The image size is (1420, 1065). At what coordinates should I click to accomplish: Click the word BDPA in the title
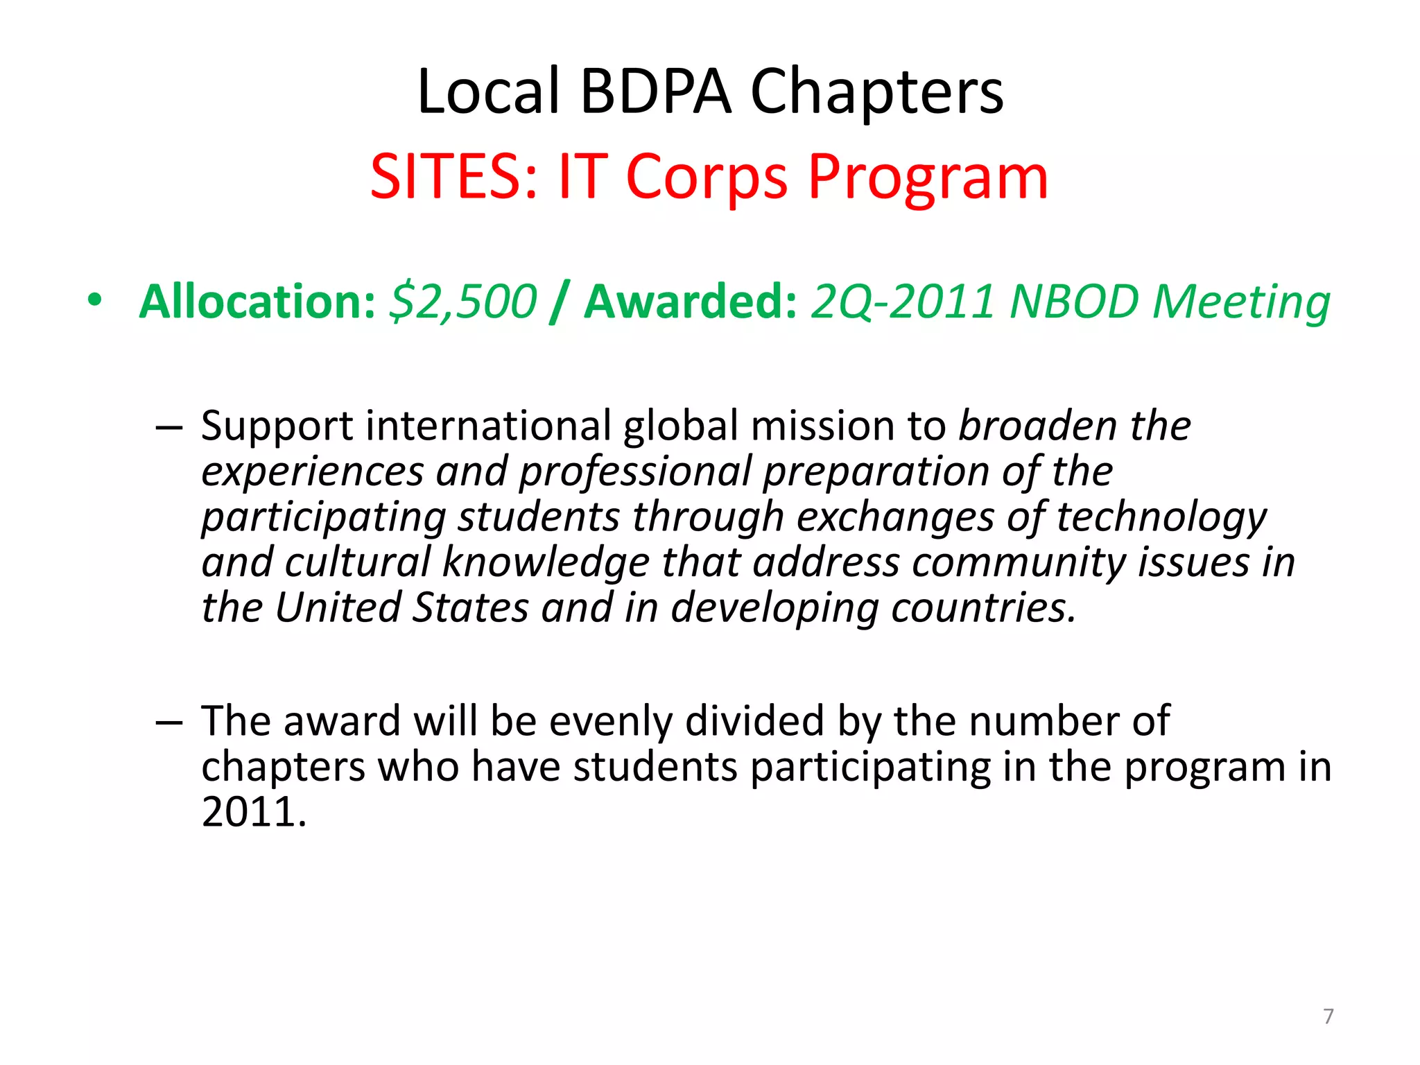655,92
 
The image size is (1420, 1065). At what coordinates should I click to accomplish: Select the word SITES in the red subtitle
453,177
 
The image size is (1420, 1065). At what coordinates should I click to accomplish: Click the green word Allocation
257,302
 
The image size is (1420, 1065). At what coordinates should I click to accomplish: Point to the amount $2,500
463,302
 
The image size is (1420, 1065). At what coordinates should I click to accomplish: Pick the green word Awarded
691,302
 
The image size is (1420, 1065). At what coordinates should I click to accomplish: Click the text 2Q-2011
904,302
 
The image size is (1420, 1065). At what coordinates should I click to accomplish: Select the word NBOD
1075,302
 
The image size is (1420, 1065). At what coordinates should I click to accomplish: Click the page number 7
1328,1016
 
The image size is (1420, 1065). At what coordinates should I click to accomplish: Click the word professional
635,472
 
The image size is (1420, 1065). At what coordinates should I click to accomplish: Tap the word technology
1161,518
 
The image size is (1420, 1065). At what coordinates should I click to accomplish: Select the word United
338,607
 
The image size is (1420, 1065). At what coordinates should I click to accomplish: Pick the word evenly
610,721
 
